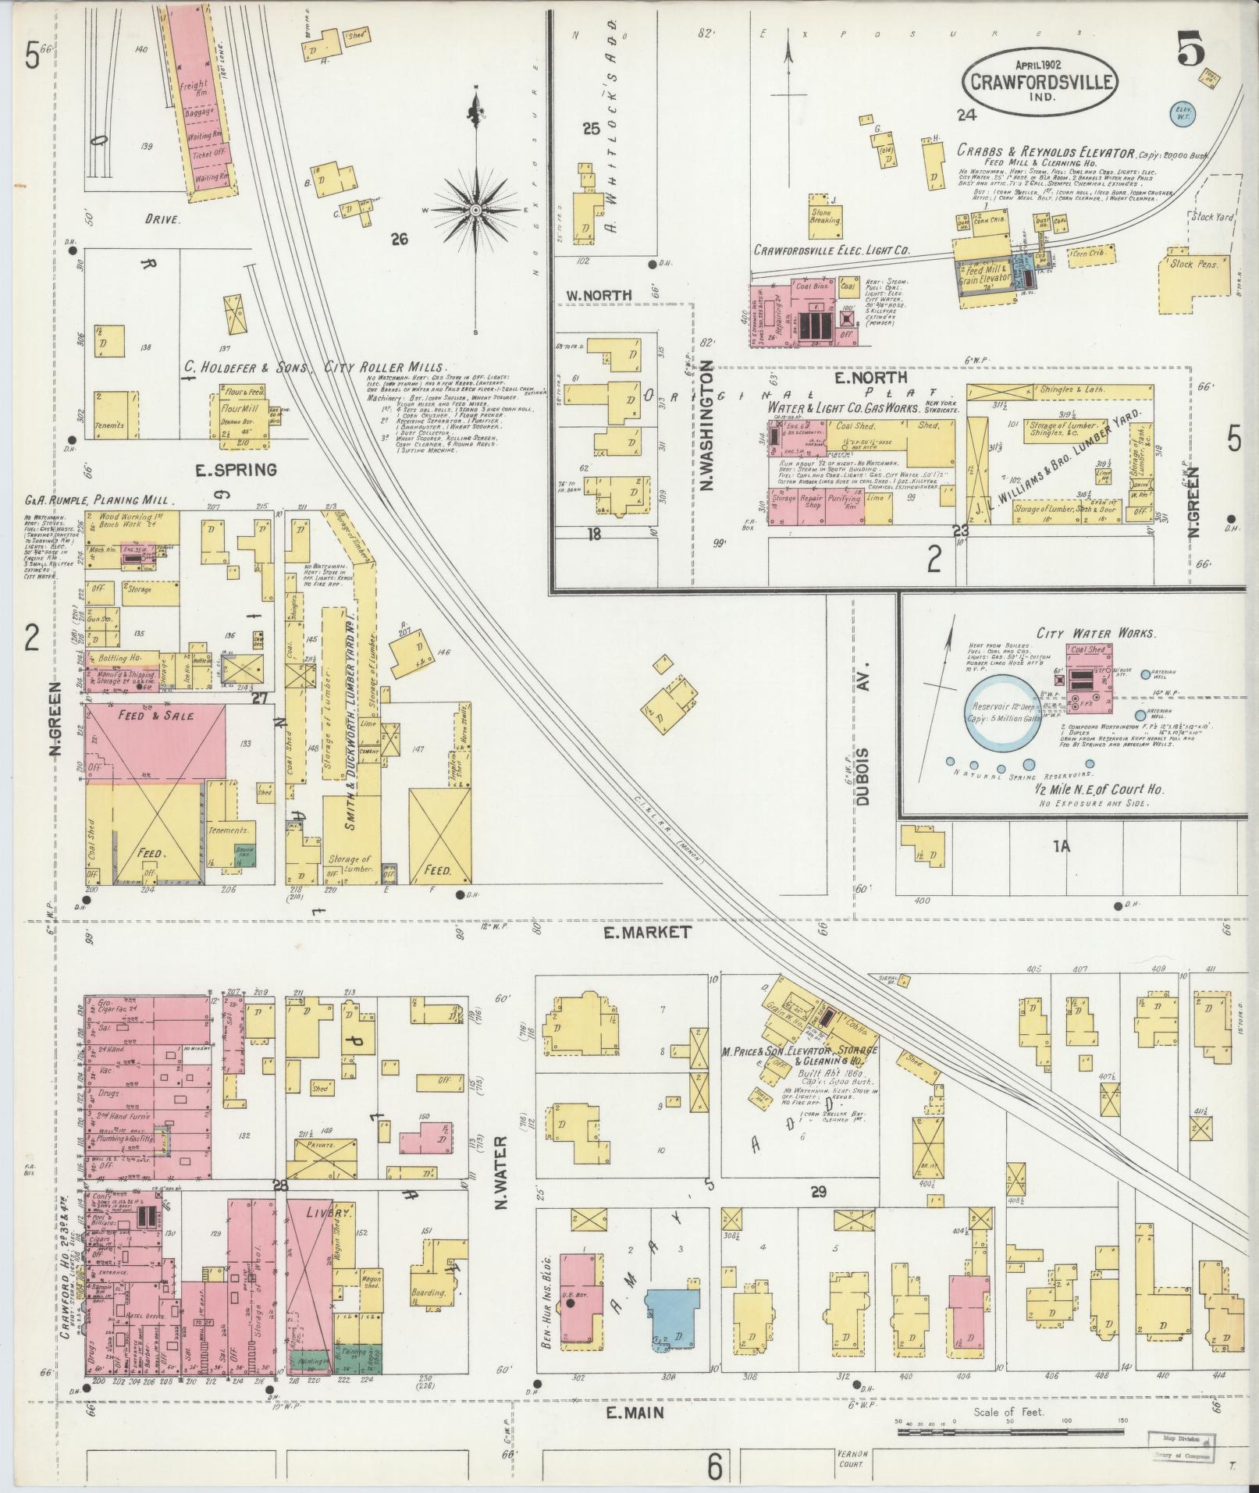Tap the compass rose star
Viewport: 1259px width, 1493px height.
coord(475,211)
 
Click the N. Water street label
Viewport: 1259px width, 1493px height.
coord(501,1178)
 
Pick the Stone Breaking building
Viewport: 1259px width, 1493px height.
coord(825,215)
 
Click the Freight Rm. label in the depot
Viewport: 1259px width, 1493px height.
coord(194,84)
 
